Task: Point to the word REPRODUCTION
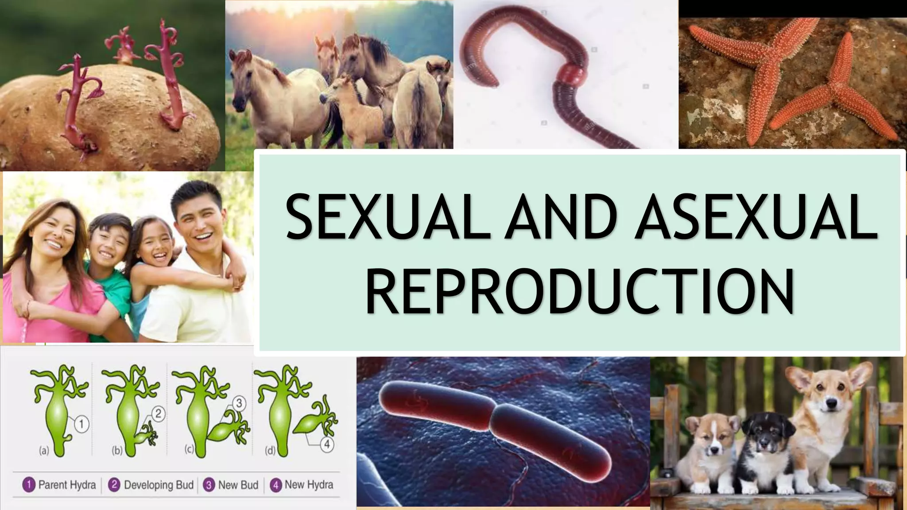(580, 292)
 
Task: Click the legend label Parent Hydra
(67, 485)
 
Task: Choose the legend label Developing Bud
(159, 485)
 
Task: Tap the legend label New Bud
(238, 485)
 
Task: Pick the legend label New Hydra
(309, 485)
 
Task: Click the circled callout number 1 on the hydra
(81, 424)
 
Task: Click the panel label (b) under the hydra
(117, 451)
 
